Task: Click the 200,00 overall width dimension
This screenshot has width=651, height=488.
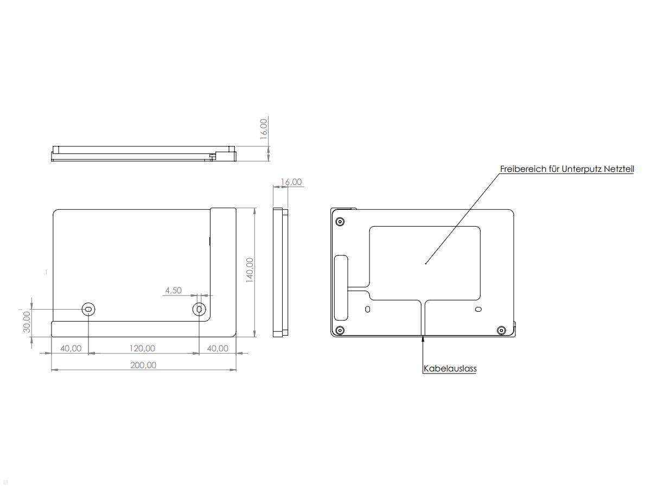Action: coord(143,365)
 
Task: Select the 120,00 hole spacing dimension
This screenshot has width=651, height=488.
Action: coord(142,348)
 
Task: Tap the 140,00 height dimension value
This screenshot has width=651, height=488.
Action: coord(250,269)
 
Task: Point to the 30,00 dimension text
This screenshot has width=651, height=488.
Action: coord(27,323)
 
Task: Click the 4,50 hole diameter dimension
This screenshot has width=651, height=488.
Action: coord(173,291)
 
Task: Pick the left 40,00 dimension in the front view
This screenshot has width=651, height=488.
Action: coord(71,348)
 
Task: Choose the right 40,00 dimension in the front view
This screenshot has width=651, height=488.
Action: coord(218,348)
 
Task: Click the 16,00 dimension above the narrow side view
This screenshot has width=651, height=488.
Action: coord(291,182)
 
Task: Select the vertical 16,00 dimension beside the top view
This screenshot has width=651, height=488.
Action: coord(264,129)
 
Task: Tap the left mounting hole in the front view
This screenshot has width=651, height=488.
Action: coord(88,309)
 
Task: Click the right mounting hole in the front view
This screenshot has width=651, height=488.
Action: coord(200,309)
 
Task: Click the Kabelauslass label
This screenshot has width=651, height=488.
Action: coord(450,369)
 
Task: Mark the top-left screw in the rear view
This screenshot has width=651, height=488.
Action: coord(340,221)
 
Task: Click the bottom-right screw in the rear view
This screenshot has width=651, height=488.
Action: coord(501,330)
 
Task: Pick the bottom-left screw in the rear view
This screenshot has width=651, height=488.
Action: coord(340,330)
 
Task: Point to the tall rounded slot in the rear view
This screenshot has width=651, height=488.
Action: coord(342,287)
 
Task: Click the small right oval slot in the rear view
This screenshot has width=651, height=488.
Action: coord(478,309)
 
